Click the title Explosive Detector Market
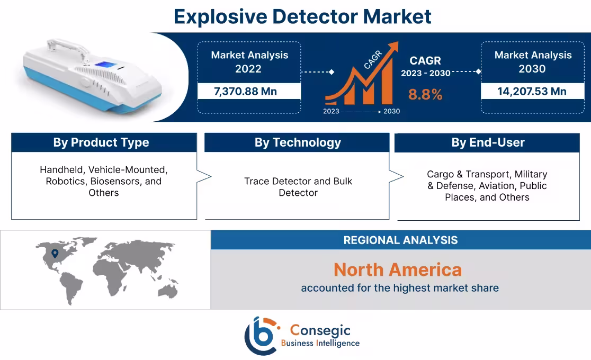(x=302, y=16)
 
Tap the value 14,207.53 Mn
(x=532, y=91)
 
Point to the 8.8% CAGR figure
(x=425, y=94)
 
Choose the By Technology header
(x=298, y=142)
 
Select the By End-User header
(x=488, y=142)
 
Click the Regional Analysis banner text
(x=400, y=240)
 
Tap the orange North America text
(x=397, y=270)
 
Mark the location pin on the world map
(x=55, y=254)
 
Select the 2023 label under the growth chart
(x=331, y=111)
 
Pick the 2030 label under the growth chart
(x=392, y=111)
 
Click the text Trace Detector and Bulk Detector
(x=298, y=187)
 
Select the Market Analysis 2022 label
(x=249, y=62)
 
